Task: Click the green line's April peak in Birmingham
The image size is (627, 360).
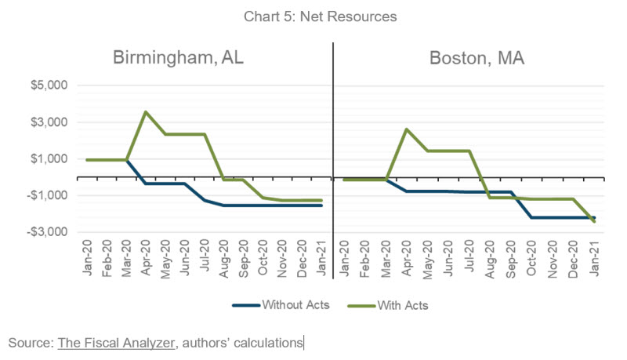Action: pos(146,111)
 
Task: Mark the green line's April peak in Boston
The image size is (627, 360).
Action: pos(406,129)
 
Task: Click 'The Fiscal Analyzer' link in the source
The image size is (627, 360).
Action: pos(116,342)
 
